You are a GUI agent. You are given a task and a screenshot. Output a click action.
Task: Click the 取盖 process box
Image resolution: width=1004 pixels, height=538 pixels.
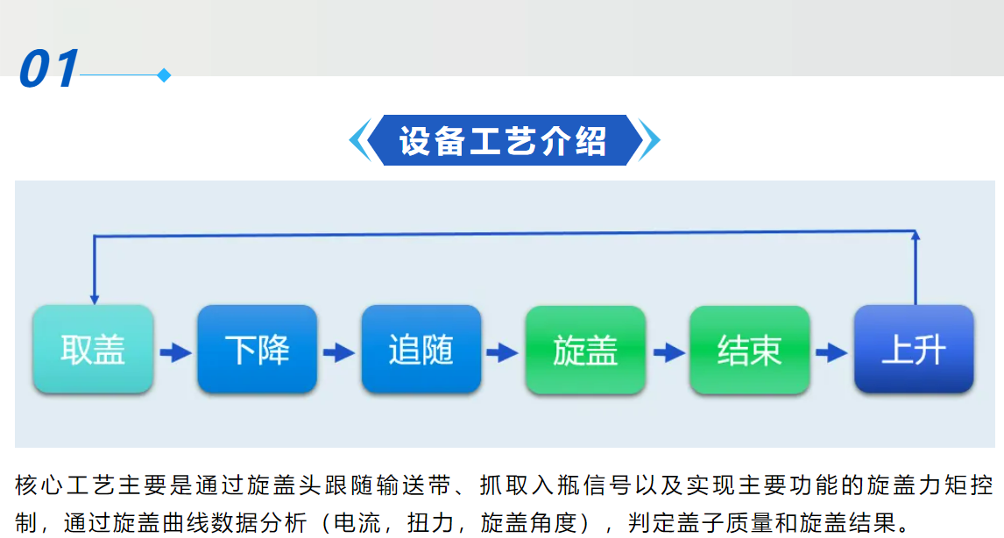point(93,349)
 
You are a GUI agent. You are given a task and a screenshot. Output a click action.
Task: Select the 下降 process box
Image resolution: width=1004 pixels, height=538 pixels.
point(258,349)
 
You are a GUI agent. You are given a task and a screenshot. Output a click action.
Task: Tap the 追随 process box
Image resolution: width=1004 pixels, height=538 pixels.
point(421,349)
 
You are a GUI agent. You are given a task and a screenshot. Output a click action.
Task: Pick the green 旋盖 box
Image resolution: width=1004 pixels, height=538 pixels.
point(585,350)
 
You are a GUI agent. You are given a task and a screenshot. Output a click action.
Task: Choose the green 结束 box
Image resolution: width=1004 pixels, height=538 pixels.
point(750,350)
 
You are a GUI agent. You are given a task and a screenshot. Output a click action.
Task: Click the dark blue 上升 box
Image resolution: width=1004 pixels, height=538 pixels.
point(914,349)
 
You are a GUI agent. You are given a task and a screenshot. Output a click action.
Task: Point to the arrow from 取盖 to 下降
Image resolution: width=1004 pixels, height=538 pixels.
point(175,352)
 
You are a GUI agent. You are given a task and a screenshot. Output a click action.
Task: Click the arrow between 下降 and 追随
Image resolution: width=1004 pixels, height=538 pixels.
point(339,352)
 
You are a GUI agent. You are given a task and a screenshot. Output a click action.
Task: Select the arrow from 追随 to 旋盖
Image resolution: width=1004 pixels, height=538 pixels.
point(503,352)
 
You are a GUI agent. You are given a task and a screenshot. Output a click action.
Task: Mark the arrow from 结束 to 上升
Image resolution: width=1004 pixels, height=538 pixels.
point(831,352)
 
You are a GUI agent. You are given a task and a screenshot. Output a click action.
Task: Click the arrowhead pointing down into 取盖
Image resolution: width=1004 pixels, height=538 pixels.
point(94,300)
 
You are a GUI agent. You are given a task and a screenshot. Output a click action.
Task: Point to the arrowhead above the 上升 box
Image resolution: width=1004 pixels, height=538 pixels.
point(916,235)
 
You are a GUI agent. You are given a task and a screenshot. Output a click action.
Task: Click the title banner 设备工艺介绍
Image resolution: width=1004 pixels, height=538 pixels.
point(503,140)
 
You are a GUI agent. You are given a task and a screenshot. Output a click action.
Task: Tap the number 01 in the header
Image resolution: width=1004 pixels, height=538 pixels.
point(49,68)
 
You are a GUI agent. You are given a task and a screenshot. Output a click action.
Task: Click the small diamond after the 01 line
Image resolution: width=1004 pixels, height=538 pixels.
point(164,75)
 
